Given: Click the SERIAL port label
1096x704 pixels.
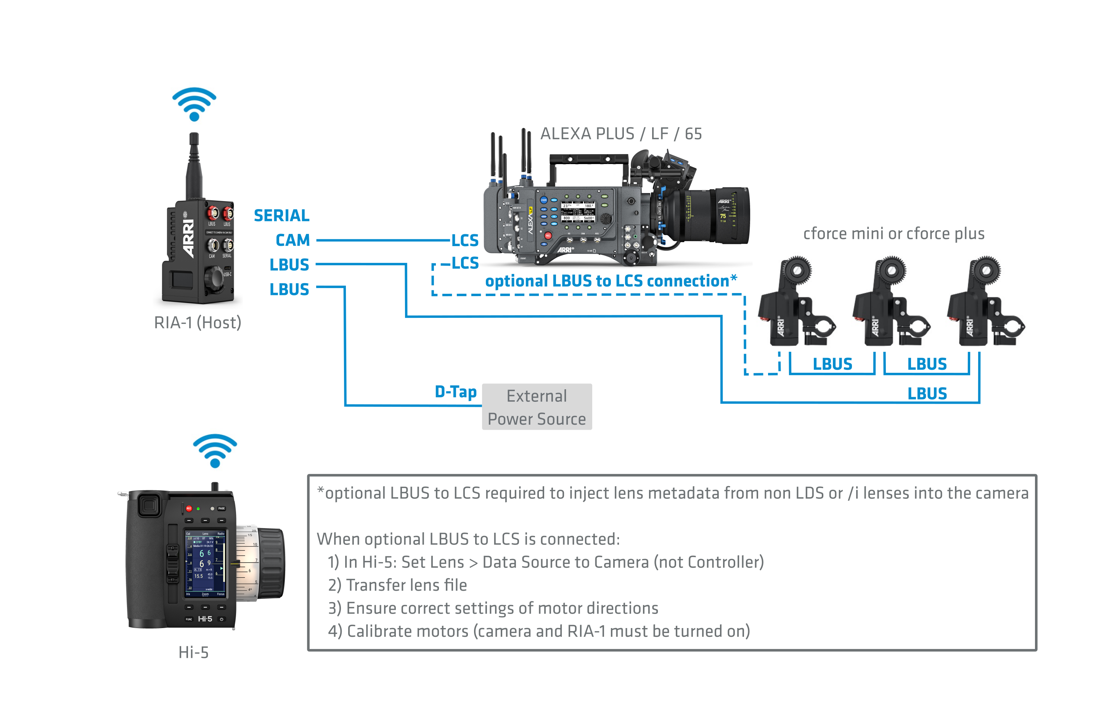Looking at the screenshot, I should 281,215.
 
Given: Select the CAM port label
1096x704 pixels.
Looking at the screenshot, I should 292,240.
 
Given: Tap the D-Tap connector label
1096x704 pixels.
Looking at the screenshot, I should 455,392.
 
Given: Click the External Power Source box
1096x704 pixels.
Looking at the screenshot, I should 537,407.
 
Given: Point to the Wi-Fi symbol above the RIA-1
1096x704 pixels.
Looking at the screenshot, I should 194,104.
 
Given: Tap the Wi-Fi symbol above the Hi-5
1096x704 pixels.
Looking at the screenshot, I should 215,450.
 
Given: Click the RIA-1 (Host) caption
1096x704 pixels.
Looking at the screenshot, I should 198,323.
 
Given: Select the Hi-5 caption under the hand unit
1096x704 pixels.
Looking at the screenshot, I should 193,652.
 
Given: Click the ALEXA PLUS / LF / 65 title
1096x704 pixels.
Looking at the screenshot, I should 621,134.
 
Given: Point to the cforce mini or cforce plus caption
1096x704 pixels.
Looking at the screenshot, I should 894,234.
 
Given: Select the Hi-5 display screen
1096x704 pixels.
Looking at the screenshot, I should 205,564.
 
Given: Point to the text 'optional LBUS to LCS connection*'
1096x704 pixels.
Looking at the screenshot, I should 611,281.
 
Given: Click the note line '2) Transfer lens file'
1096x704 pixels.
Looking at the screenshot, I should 397,585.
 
